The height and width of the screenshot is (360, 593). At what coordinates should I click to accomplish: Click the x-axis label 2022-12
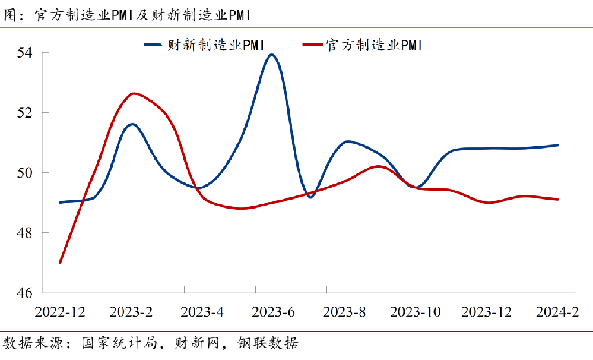point(60,312)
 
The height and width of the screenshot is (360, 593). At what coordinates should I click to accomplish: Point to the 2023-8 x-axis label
point(344,312)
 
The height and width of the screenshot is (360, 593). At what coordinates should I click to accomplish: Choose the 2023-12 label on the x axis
point(486,312)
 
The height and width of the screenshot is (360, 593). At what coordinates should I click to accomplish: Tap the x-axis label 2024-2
point(557,312)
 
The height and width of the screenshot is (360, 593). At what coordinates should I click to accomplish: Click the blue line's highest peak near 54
point(272,55)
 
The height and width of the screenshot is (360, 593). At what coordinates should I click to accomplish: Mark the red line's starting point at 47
point(61,262)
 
